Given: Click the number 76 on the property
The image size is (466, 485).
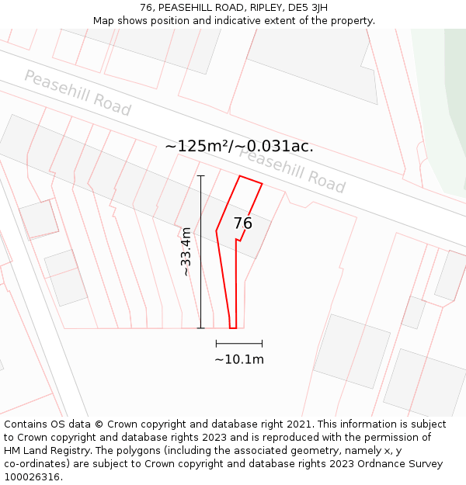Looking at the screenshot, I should pos(243,223).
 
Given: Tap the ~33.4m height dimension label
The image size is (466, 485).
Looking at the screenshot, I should pos(186,251).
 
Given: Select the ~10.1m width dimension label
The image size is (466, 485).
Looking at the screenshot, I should pos(239,359).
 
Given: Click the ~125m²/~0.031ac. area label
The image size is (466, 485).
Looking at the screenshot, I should pos(239,146).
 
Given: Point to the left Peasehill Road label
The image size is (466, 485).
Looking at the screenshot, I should pos(78,92).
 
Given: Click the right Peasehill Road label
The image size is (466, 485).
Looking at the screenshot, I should pos(292,170).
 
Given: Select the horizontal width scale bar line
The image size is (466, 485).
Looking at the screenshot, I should pos(239,343).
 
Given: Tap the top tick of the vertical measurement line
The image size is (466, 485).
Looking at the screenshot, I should pos(200,176).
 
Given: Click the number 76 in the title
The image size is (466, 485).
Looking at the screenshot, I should pos(146,8).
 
